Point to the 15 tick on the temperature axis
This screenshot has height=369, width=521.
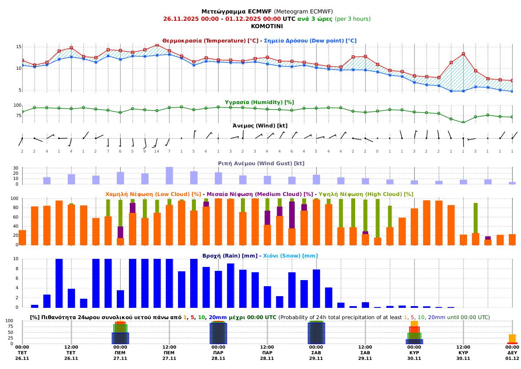(x=19, y=46)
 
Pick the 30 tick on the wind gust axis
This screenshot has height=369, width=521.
(x=16, y=168)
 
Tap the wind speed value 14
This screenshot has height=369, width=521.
(x=157, y=151)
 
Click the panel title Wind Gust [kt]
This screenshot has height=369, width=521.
(x=261, y=163)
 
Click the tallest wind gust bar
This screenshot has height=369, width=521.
(x=169, y=175)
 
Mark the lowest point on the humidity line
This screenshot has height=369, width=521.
(x=463, y=122)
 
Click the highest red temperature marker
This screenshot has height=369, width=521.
(x=157, y=45)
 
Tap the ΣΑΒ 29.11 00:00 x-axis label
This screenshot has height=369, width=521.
(x=316, y=353)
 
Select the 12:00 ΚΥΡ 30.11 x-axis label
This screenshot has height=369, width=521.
(x=463, y=353)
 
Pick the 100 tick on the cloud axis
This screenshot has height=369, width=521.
(x=14, y=199)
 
